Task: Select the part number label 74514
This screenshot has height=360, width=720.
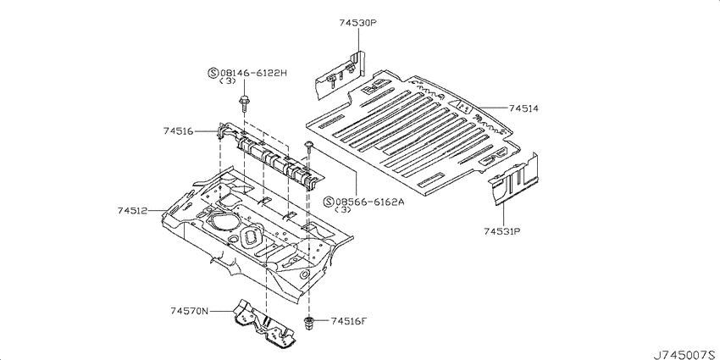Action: pos(523,108)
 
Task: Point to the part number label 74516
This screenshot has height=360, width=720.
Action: pos(178,130)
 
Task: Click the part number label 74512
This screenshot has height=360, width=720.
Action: pos(132,211)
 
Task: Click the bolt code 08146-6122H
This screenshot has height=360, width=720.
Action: pos(253,73)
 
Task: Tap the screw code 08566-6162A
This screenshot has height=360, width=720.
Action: pos(369,202)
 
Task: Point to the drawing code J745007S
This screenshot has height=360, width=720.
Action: pos(685,354)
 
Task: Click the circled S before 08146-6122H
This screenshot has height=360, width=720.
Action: pos(213,73)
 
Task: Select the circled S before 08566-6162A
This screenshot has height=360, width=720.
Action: pos(329,202)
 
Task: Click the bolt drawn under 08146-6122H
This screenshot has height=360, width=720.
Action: pos(243,104)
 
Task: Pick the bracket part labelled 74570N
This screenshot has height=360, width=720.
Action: pos(264,323)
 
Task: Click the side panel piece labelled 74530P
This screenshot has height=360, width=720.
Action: pos(340,75)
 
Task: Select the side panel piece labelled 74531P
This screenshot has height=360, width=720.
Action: pos(514,180)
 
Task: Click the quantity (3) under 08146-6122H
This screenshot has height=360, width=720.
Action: pos(228,81)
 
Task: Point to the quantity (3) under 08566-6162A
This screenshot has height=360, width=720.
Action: pos(343,210)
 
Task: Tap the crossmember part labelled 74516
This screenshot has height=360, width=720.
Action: pos(269,156)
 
